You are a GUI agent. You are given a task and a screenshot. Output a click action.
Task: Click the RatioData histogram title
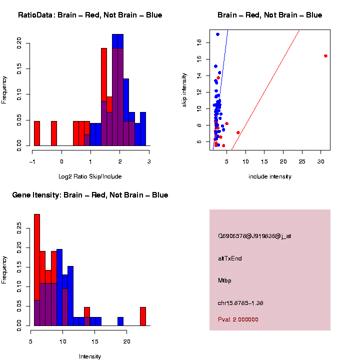pos(90,15)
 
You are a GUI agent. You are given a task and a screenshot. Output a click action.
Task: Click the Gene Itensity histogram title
pos(90,194)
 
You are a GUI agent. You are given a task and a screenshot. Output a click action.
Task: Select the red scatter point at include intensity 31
pos(325,56)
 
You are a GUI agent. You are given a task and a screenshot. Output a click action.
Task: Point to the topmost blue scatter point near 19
pos(217,34)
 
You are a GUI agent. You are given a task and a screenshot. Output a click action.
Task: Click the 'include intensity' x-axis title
pos(270,176)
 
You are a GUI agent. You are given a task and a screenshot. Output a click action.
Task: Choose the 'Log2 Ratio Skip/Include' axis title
pos(90,176)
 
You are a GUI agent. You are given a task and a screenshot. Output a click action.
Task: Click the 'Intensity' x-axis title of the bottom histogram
pos(90,356)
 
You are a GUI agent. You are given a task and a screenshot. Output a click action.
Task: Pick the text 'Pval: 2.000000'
pos(238,319)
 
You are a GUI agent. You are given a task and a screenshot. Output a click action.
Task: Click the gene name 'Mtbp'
pos(225,281)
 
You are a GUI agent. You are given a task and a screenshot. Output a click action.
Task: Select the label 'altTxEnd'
pos(230,258)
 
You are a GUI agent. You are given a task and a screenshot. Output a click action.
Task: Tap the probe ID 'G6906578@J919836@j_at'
pos(254,236)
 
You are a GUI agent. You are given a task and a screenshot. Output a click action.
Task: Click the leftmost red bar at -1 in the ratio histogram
pos(37,133)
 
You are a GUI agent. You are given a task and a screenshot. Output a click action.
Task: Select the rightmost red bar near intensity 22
pos(142,316)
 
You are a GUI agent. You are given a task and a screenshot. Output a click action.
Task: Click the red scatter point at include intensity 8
pos(238,132)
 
